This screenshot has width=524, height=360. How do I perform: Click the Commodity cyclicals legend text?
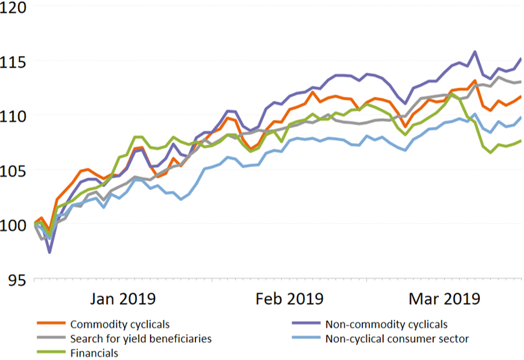coord(120,324)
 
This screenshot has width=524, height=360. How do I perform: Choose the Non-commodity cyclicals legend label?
coord(386,324)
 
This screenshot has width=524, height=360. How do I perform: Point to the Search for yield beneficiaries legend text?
coord(140,339)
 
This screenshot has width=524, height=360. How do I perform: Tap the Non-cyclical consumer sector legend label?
coord(397,339)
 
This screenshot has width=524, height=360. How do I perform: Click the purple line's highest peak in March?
coord(475,51)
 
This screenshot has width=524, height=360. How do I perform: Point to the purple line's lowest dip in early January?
coord(49,251)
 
